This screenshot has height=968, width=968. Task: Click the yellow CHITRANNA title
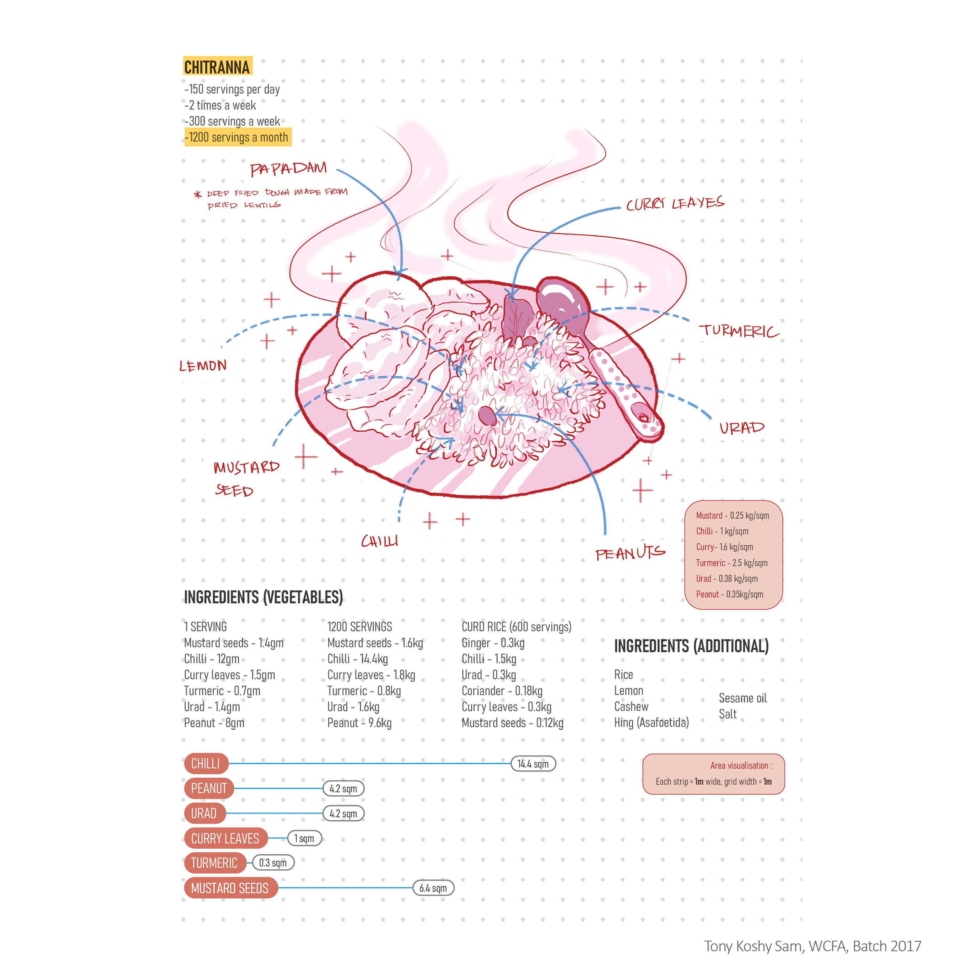click(217, 67)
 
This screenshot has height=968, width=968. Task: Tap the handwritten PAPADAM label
click(288, 169)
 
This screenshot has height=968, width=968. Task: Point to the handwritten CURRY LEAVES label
click(675, 203)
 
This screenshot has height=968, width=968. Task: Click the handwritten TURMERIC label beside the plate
click(738, 331)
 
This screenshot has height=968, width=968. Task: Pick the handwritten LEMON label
click(203, 366)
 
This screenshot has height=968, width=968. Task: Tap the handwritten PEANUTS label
click(630, 553)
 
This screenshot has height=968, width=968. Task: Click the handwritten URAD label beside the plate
click(742, 428)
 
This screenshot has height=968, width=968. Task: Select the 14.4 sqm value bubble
click(533, 763)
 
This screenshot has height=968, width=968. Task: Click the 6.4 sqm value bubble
click(433, 888)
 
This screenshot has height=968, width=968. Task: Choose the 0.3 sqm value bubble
click(273, 863)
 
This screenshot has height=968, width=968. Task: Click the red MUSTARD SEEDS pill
click(230, 888)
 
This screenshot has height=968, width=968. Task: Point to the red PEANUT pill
click(209, 788)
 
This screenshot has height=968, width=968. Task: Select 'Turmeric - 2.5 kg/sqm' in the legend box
click(731, 563)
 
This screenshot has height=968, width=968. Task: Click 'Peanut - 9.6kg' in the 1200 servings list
click(359, 723)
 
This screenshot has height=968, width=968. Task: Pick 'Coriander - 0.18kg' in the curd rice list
click(502, 691)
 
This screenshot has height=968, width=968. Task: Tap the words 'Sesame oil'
click(742, 698)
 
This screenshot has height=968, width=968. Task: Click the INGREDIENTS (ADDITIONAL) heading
click(691, 646)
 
